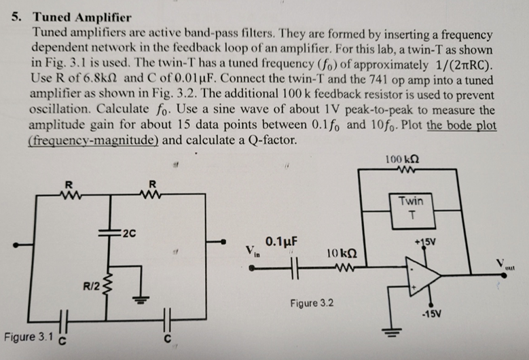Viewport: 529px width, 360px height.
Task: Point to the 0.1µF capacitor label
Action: click(283, 241)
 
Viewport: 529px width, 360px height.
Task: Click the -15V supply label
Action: click(433, 314)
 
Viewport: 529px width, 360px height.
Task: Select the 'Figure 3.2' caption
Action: click(311, 302)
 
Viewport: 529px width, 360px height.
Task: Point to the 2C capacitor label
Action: click(129, 236)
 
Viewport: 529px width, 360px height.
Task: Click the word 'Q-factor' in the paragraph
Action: click(274, 141)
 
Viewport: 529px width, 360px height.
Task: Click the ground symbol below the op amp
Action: click(391, 335)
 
